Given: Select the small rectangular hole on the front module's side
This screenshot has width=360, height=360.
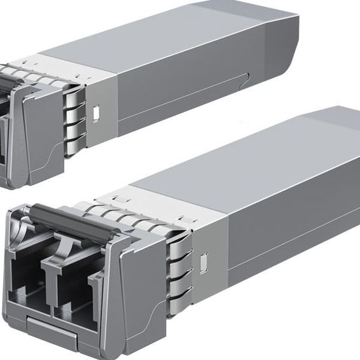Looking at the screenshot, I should coord(204,261).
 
